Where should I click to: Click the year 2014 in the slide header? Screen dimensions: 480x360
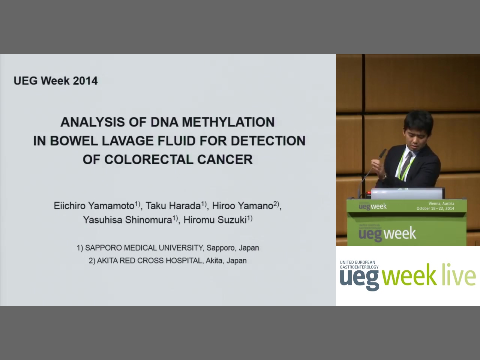tap(85, 81)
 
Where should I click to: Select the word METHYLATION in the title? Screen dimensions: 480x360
tap(228, 122)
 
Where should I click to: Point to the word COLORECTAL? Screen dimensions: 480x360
tap(149, 160)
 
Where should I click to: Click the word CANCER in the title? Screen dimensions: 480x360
tap(225, 160)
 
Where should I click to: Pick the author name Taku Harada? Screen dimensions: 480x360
tap(173, 205)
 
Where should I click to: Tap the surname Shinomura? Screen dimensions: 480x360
tap(148, 220)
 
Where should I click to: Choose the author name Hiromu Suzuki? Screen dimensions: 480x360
tap(215, 220)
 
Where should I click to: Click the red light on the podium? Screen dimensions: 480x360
tap(369, 193)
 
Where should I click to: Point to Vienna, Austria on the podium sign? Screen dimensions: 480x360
tap(441, 204)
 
